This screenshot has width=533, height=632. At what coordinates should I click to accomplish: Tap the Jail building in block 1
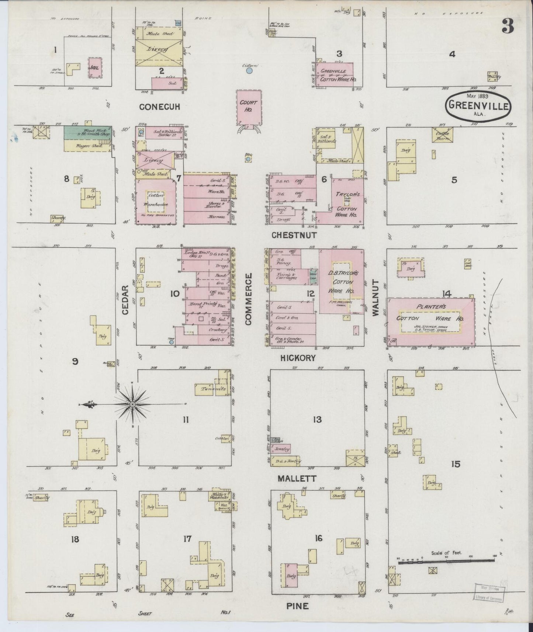pos(95,67)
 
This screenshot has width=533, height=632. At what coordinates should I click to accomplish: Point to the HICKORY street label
pos(298,357)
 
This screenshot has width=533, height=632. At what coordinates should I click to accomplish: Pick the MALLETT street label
pos(297,478)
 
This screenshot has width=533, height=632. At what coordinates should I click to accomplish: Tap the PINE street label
pos(297,606)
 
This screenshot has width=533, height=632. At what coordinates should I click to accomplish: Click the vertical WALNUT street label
pos(375,298)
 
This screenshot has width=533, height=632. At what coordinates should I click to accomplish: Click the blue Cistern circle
pos(249,70)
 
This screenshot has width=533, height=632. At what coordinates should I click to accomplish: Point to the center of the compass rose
pos(132,404)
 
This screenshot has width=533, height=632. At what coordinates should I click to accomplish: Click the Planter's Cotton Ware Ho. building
pos(430,322)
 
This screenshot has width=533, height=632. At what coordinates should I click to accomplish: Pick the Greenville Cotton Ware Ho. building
pos(335,75)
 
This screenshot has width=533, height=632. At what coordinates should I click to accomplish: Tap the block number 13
pos(317,419)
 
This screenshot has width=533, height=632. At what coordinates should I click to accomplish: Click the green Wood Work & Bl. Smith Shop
pos(88,132)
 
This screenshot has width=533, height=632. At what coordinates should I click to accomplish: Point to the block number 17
pos(187,539)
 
